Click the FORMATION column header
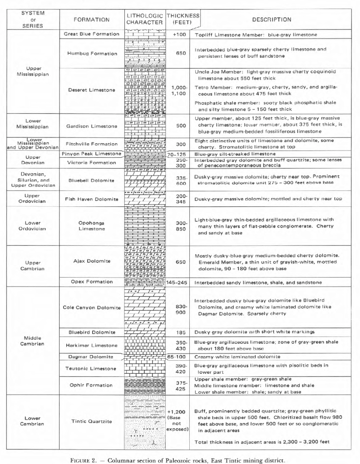click(91, 20)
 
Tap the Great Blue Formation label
click(91, 34)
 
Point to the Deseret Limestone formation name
click(91, 90)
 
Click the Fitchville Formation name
click(91, 144)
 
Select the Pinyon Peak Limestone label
click(91, 154)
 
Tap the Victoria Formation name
click(91, 162)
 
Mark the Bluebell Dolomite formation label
click(91, 180)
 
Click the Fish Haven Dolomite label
click(91, 199)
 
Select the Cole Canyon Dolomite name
click(91, 308)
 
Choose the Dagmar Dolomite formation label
click(91, 357)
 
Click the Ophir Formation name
click(91, 385)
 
